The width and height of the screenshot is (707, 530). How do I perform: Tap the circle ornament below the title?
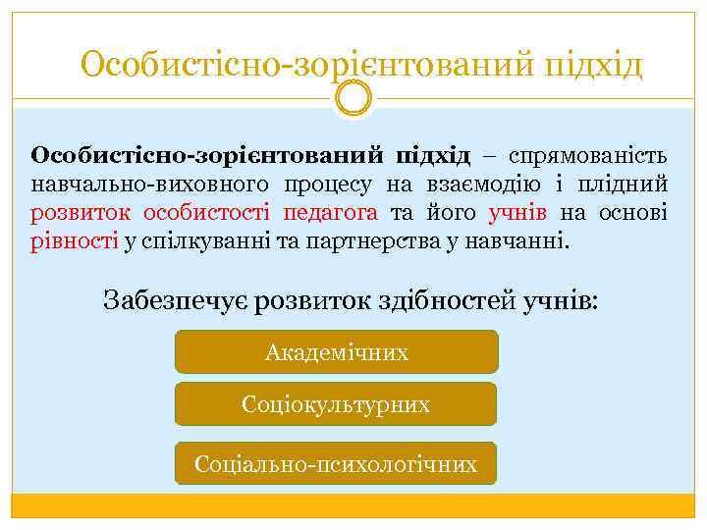(353, 98)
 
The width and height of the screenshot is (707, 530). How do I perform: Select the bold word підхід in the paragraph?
(433, 156)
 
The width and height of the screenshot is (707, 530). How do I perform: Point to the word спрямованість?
(588, 156)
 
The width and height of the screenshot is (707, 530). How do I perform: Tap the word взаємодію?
(463, 184)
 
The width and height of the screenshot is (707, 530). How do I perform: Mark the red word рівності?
(75, 240)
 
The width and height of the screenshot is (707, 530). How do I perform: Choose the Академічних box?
(336, 352)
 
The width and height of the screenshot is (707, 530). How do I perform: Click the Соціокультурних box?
(336, 404)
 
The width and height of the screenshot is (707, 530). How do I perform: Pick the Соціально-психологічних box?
(336, 463)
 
